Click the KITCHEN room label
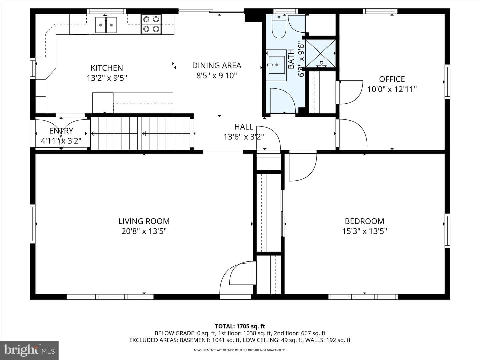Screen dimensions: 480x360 tap(107, 68)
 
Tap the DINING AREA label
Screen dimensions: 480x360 tap(216, 66)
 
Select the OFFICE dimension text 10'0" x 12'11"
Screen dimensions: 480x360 tap(392, 89)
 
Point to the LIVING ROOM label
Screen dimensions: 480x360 tap(144, 221)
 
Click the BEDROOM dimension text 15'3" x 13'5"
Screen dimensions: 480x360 tap(365, 231)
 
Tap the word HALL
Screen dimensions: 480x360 tap(244, 127)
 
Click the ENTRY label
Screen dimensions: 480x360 tap(61, 131)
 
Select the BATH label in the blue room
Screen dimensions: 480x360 tap(291, 59)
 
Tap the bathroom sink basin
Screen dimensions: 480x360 tap(277, 65)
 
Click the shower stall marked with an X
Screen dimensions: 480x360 tap(320, 53)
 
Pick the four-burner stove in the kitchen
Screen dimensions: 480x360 tap(151, 24)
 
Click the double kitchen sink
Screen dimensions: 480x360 tap(106, 25)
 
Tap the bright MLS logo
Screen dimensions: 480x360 tap(29, 350)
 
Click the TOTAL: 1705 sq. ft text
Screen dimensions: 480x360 tap(240, 327)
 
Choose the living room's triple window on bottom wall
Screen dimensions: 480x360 tap(110, 297)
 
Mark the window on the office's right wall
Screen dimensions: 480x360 tap(447, 82)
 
